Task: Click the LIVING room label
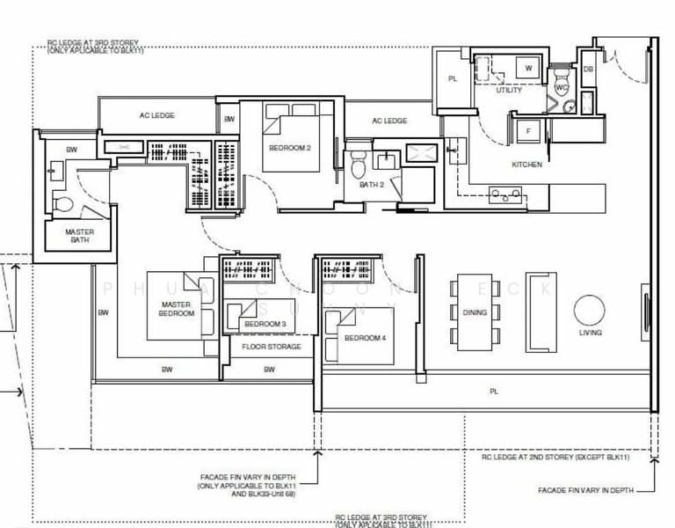[x=591, y=334]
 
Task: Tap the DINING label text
[x=475, y=312]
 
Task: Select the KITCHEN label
[x=527, y=165]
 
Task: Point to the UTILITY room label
[x=509, y=90]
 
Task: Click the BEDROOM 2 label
[x=289, y=148]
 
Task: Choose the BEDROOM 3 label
[x=264, y=325]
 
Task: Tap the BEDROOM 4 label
[x=363, y=338]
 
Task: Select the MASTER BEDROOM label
[x=176, y=309]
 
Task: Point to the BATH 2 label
[x=372, y=185]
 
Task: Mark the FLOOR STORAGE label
[x=271, y=347]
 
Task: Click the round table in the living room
[x=591, y=309]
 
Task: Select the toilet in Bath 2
[x=358, y=165]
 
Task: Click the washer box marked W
[x=528, y=67]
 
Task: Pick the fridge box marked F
[x=528, y=131]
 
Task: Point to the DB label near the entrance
[x=588, y=68]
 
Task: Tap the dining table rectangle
[x=475, y=312]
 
